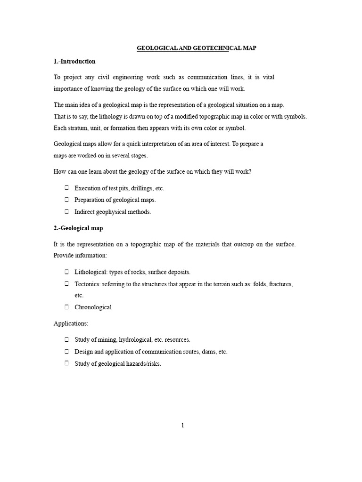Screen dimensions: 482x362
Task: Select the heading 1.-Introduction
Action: tap(74, 61)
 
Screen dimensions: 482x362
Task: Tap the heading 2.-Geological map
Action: tap(78, 228)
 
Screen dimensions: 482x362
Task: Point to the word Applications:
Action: tap(71, 323)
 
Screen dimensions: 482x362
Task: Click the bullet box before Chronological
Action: tap(66, 307)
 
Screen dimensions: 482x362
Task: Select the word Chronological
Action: tap(93, 307)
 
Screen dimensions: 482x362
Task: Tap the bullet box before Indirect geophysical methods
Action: tap(66, 211)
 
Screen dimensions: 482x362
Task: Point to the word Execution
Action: tap(88, 188)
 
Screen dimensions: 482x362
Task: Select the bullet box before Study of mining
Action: tap(66, 339)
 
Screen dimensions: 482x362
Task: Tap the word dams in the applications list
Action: tap(203, 352)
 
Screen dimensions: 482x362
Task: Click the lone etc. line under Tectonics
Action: tap(79, 296)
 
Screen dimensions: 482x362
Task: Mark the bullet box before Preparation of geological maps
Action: tap(66, 200)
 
